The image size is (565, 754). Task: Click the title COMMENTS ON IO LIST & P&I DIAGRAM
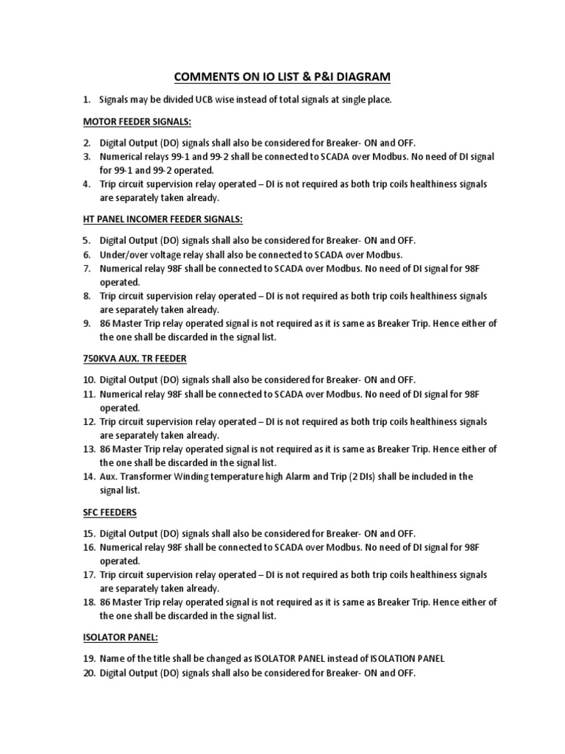click(x=283, y=77)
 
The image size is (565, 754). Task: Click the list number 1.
click(x=86, y=99)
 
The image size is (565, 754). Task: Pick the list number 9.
click(x=86, y=323)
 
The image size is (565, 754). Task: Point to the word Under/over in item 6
click(x=123, y=254)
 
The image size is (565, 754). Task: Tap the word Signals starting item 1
click(x=116, y=99)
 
